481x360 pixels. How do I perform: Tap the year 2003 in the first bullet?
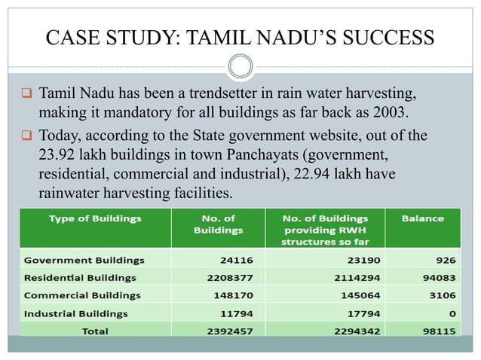397,112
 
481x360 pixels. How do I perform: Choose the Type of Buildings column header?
95,218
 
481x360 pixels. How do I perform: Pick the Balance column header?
423,218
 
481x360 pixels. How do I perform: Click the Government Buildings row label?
84,261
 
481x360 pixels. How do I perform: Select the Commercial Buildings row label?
83,295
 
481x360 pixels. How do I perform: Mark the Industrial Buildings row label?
76,313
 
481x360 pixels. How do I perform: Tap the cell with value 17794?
363,313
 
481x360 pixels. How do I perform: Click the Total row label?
95,331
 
